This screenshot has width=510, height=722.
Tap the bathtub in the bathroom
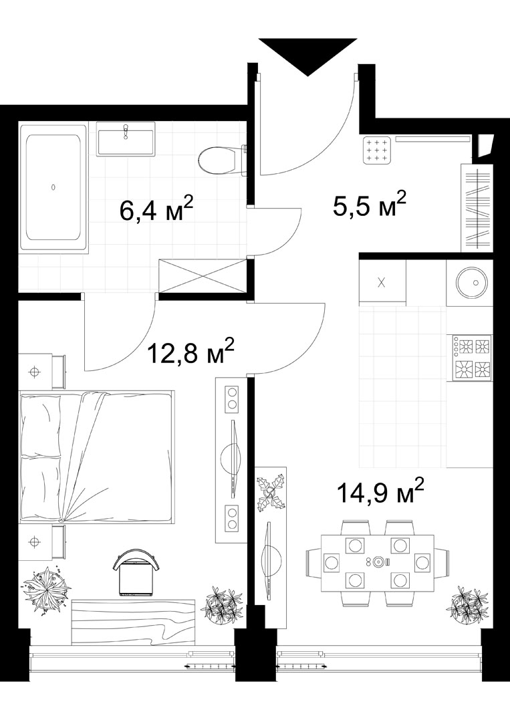click(53, 187)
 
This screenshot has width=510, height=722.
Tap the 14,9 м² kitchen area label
click(380, 493)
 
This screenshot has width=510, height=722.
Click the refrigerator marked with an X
click(382, 282)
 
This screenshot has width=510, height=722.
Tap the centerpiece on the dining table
click(379, 562)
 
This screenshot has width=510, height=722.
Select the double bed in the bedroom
click(97, 457)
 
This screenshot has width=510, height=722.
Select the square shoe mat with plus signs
click(378, 150)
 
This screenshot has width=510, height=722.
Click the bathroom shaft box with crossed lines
click(203, 276)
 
